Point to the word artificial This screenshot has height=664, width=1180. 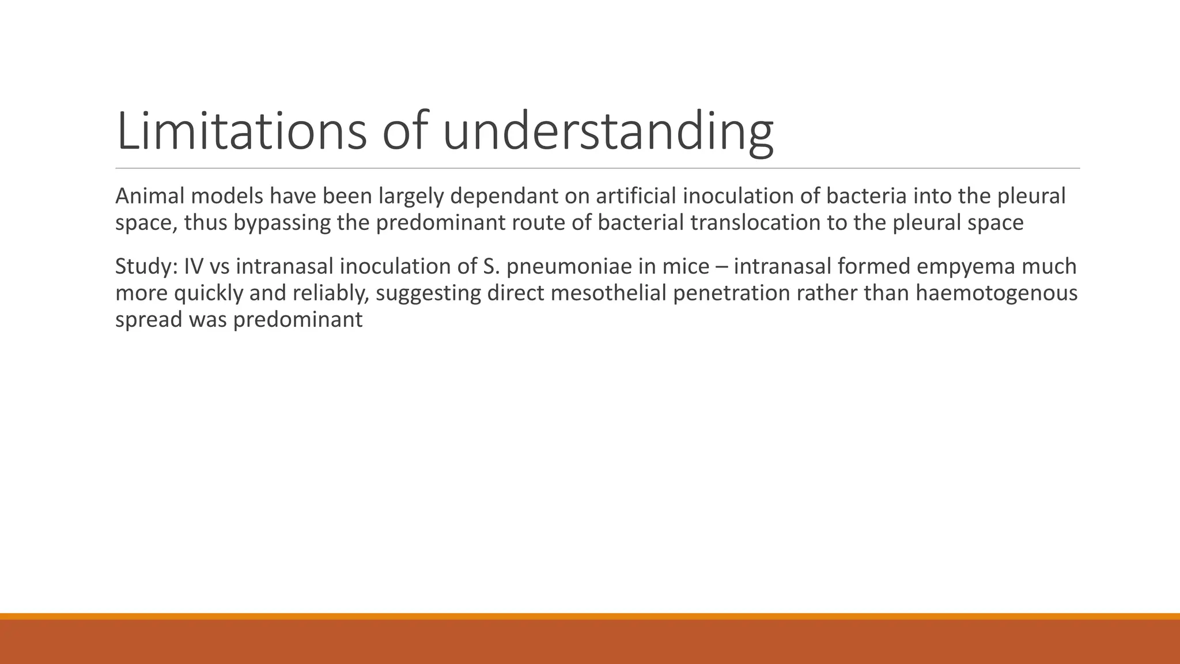coord(636,197)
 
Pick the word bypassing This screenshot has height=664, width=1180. coord(282,223)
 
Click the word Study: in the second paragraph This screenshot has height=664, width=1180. coord(146,267)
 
